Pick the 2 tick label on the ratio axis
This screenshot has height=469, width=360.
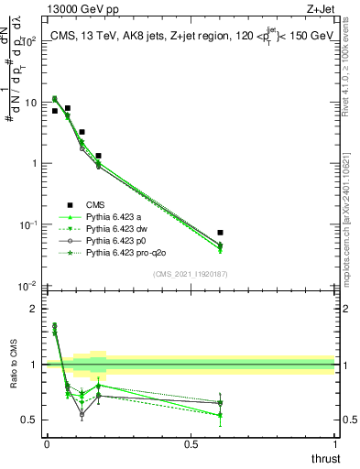coord(34,309)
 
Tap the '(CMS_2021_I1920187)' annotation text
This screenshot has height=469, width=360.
coord(190,274)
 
